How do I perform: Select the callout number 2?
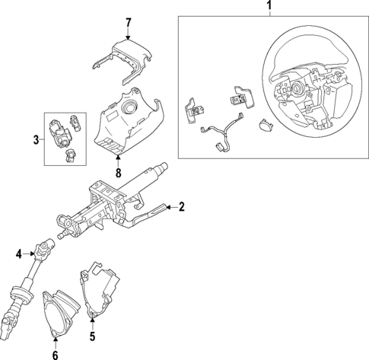[x=182, y=206]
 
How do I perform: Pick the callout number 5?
[x=92, y=336]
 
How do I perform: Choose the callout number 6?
[x=55, y=353]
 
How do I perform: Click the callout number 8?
[x=119, y=172]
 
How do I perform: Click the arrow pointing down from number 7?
[x=129, y=33]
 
